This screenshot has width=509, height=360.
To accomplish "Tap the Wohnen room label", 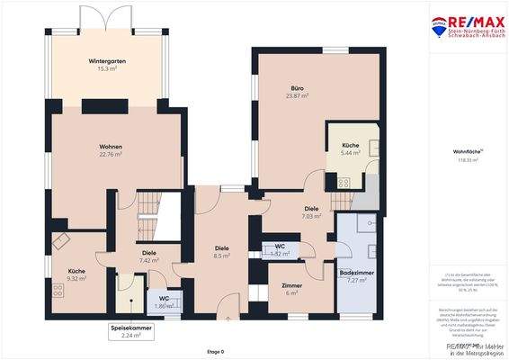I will tap(112, 147).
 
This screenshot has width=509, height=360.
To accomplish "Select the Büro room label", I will tap(298, 89).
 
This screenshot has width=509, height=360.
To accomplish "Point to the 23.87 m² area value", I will tap(298, 95).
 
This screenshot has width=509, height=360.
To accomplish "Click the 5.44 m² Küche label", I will tap(350, 148).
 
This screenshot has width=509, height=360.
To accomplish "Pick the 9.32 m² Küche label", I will tap(76, 274).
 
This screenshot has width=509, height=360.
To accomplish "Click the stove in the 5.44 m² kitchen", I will tap(343, 181).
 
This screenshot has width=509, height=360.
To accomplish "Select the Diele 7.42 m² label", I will tap(149, 256).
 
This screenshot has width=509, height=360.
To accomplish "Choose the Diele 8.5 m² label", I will tap(221, 252).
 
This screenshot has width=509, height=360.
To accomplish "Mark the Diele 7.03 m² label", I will tap(311, 212).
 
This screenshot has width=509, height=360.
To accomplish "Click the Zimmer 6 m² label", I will tap(291, 289).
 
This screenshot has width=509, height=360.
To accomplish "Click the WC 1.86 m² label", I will tap(164, 302).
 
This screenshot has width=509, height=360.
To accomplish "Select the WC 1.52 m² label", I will tap(280, 249).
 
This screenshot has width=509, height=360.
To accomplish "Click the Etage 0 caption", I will tap(216, 351).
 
